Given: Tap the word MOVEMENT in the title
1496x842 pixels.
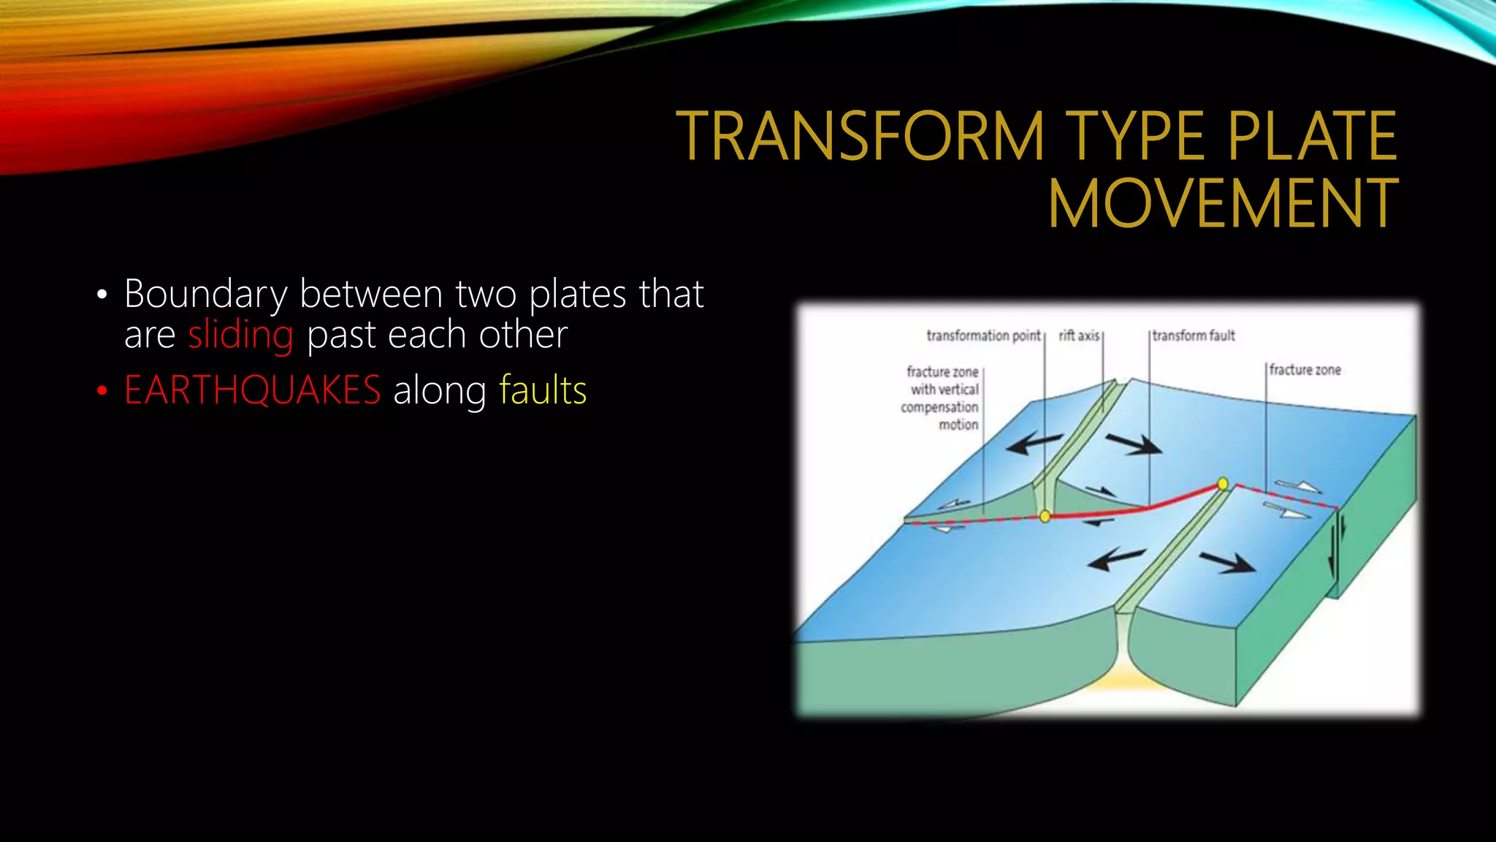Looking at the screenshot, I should [x=1223, y=204].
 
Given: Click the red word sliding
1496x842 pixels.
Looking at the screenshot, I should [x=240, y=335].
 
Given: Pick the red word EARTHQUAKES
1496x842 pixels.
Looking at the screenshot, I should [x=252, y=390].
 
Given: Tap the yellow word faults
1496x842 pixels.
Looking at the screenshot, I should [x=543, y=390].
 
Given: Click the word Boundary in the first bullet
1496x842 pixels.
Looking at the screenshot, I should [x=205, y=294].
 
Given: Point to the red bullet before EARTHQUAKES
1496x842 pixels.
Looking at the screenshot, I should [x=102, y=391].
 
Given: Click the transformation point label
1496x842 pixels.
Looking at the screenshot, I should [x=982, y=335].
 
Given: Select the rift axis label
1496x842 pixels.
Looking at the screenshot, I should [x=1079, y=335].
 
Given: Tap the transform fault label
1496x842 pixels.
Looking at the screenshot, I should [x=1194, y=335].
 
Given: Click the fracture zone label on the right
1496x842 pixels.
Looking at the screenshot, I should [x=1305, y=370].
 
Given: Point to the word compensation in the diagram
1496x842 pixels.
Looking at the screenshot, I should [x=939, y=407].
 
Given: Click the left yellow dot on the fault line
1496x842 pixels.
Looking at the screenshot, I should [x=1045, y=517].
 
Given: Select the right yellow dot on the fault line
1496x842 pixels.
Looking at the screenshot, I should [x=1223, y=484].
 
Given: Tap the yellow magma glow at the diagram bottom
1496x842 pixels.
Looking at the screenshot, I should [x=1121, y=683].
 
